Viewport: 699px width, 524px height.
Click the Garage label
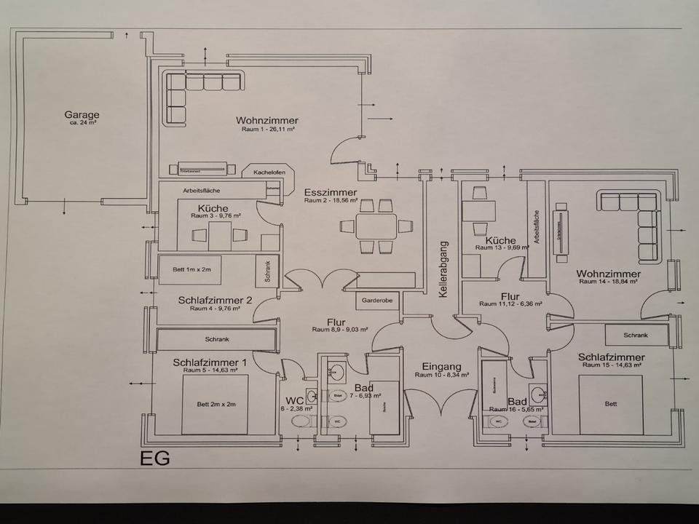pos(82,115)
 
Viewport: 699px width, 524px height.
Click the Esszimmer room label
pos(331,192)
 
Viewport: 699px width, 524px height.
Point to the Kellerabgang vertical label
pos(442,269)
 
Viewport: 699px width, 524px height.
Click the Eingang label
pos(441,367)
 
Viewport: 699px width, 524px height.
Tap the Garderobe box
pos(376,300)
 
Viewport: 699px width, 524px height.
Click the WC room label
pos(293,400)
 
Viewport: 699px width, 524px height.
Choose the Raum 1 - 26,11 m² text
pos(269,129)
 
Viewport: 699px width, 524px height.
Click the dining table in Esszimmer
pos(376,226)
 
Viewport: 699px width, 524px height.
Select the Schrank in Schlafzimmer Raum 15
pos(636,336)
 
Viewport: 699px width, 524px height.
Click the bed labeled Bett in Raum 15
pos(610,404)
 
